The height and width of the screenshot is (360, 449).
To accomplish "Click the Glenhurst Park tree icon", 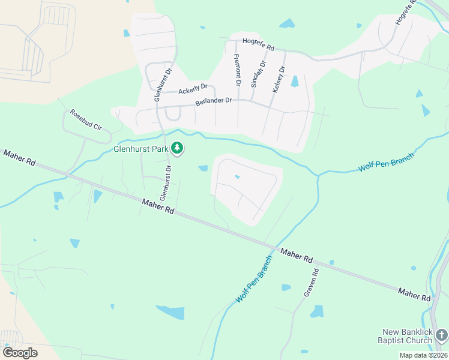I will click(x=177, y=148).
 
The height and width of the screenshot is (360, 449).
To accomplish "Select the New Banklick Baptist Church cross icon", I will click(x=442, y=333).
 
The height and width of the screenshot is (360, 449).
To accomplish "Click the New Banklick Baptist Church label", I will click(x=408, y=336).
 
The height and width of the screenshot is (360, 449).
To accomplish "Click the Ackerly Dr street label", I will click(x=193, y=89).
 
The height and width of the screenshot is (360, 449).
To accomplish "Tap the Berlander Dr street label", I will click(x=213, y=101).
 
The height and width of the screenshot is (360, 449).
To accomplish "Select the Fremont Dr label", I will click(x=238, y=70).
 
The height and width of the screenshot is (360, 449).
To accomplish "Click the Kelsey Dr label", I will click(x=278, y=77).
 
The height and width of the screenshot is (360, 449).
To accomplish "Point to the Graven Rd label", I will click(x=311, y=283).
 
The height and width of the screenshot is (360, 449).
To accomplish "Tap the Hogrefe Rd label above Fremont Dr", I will click(x=258, y=43).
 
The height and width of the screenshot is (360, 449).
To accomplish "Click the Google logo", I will click(x=20, y=352).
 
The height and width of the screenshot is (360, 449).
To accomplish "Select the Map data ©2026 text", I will click(x=423, y=355).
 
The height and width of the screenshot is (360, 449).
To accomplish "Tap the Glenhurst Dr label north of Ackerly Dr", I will click(x=160, y=86).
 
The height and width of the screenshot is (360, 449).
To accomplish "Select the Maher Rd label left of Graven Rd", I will click(x=158, y=207).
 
